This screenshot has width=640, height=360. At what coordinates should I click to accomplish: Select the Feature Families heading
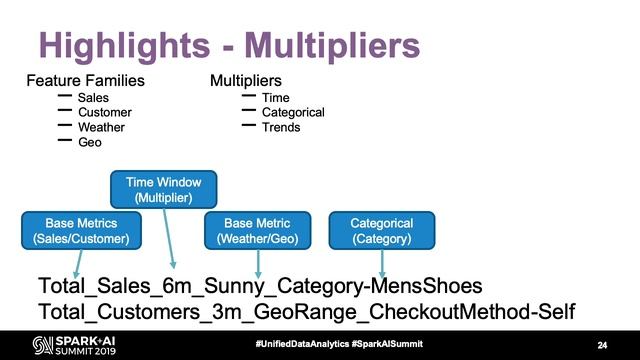click(85, 80)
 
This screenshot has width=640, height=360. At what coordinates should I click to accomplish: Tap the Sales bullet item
click(93, 98)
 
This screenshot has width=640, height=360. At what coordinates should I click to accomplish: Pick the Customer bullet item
click(104, 113)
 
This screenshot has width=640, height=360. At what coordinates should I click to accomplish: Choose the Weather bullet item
click(102, 128)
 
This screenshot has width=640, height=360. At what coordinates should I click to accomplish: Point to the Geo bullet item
click(90, 143)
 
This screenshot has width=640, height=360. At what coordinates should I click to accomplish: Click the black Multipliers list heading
click(245, 80)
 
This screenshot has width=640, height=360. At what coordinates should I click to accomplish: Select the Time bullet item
click(275, 98)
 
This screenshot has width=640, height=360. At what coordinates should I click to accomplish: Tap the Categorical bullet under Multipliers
click(293, 113)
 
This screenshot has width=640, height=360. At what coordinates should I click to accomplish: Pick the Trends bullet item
click(281, 128)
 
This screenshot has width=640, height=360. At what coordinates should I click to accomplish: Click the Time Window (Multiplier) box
click(163, 191)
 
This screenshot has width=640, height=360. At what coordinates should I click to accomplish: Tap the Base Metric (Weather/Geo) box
click(258, 231)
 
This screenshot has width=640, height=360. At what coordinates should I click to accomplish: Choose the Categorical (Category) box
click(382, 231)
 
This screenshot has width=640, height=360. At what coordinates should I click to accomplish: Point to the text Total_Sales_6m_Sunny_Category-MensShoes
click(260, 286)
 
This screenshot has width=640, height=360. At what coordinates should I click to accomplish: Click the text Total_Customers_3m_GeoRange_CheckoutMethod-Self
click(306, 311)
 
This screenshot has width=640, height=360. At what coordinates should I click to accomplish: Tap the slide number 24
click(602, 345)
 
